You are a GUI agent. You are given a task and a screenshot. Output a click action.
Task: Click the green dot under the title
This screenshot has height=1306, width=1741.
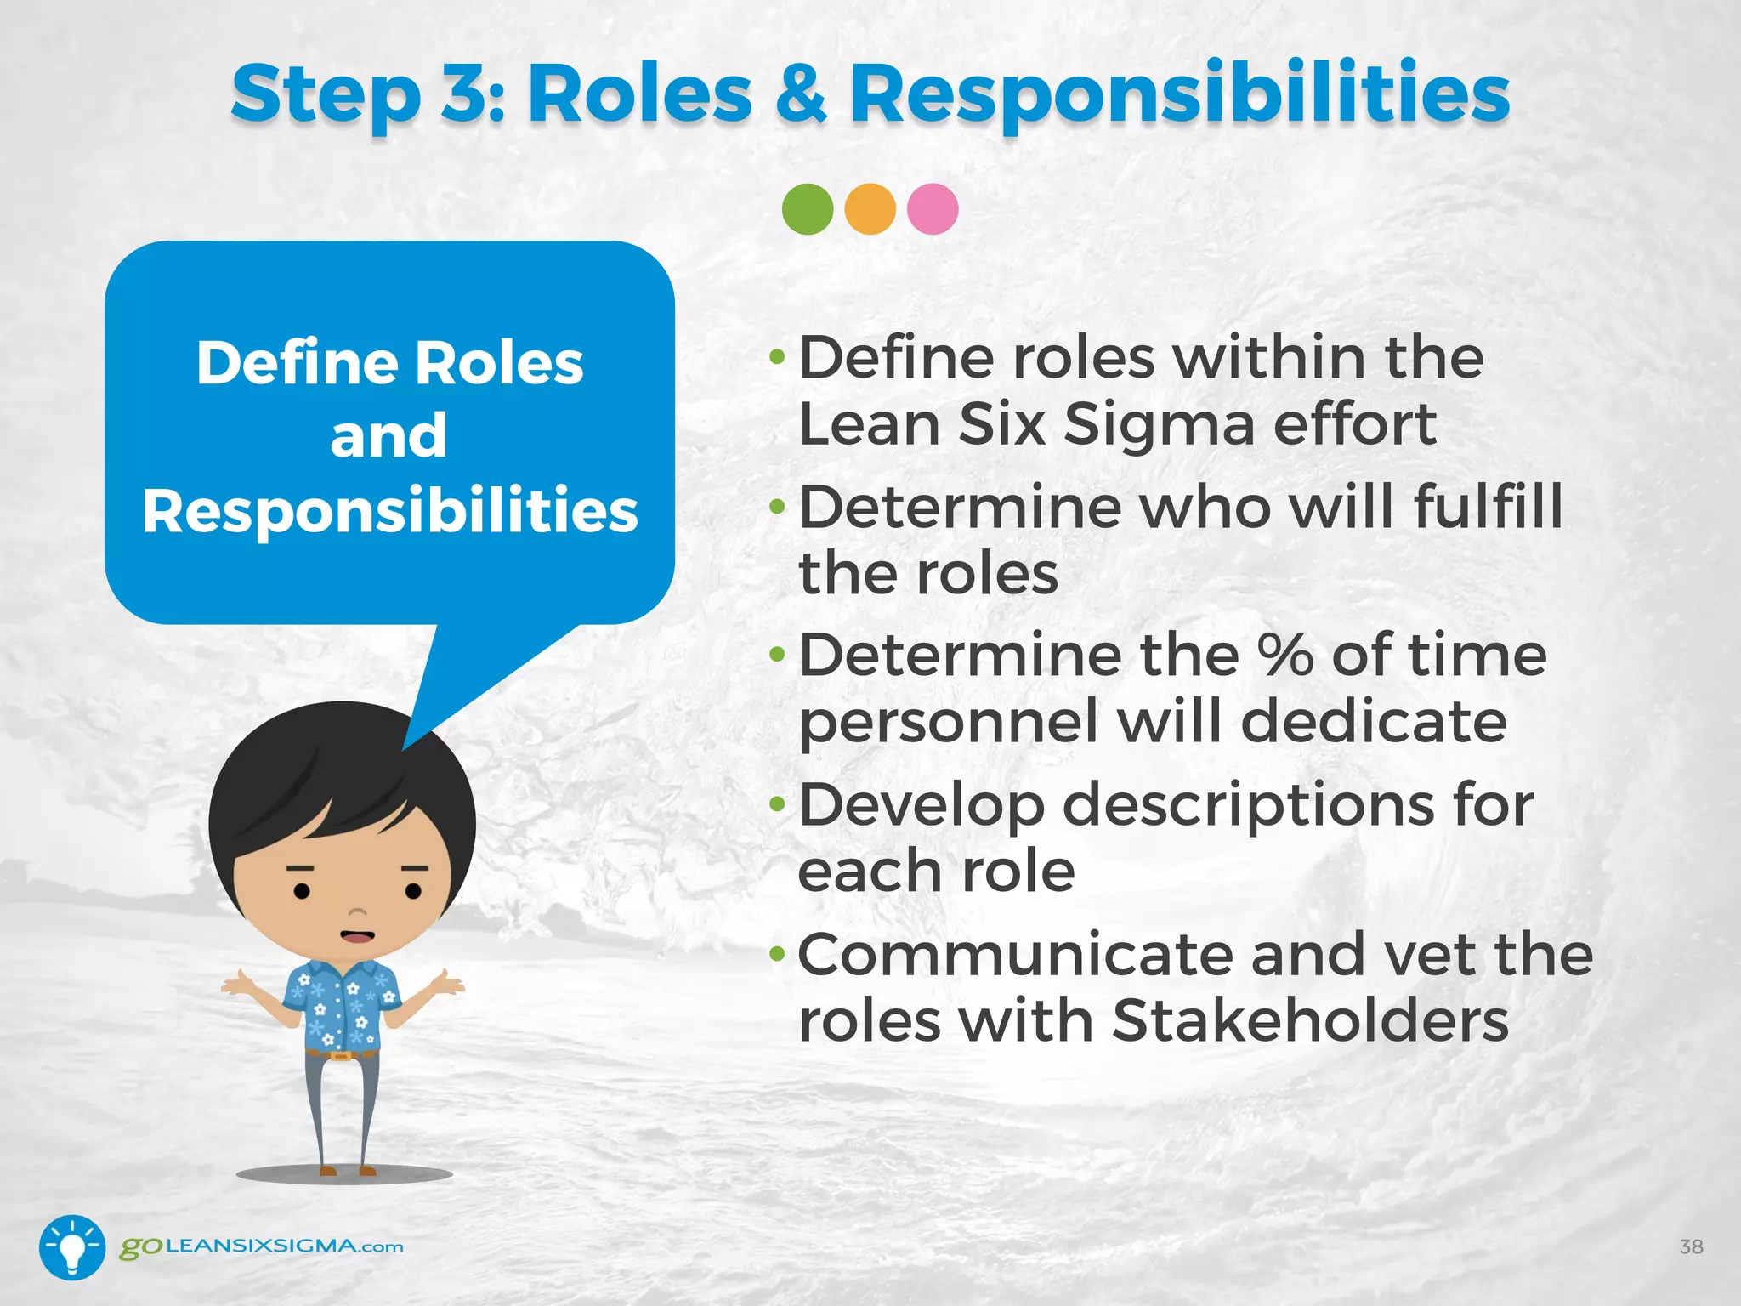point(808,209)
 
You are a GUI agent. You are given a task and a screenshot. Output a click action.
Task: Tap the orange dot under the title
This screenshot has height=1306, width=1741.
point(870,209)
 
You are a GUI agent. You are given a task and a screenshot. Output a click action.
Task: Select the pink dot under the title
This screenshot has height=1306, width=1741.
point(933,209)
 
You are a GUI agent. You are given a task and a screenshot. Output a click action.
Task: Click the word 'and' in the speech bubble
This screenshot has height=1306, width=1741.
point(388,436)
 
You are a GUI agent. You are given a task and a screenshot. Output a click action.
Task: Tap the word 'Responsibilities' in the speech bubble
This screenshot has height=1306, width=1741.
point(390,511)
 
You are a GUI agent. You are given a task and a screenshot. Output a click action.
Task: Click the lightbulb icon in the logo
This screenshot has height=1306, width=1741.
point(72,1247)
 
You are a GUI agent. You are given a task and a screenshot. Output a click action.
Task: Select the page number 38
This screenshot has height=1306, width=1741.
point(1691,1246)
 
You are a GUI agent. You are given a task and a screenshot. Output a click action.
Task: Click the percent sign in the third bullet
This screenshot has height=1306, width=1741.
point(1285,656)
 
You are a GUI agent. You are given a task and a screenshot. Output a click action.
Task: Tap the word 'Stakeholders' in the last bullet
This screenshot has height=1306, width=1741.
point(1310,1020)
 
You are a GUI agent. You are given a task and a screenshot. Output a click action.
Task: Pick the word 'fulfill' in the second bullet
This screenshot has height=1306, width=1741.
point(1488,507)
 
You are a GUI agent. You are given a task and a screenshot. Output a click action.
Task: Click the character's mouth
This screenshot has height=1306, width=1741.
point(357,936)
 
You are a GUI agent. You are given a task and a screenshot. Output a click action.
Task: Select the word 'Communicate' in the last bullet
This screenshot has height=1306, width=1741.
point(1015,955)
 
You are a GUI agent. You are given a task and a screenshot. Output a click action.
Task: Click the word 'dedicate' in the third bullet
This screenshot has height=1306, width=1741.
point(1374,722)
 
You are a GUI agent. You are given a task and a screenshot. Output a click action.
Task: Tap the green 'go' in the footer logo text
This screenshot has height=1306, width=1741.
point(140,1247)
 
